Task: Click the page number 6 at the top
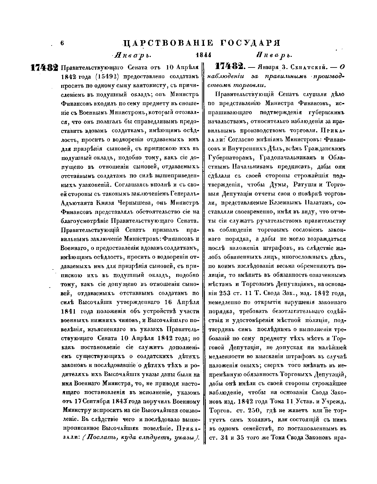62,43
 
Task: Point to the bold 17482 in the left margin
44,68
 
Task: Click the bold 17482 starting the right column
229,67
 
